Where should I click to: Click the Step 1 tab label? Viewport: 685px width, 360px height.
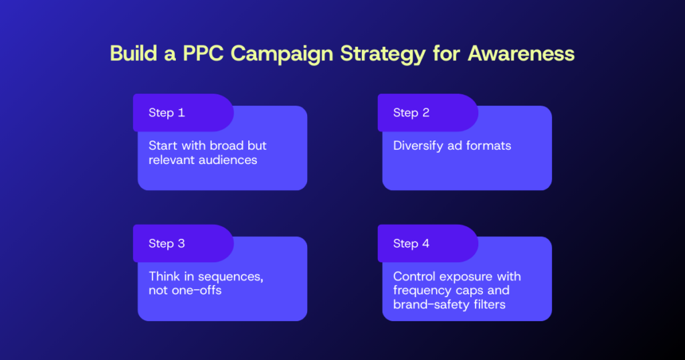[x=167, y=112]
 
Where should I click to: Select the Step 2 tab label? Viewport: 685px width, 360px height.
[x=411, y=112]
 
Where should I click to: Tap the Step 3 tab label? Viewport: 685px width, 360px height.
[x=167, y=244]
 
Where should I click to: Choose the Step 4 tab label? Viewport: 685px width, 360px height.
[x=411, y=244]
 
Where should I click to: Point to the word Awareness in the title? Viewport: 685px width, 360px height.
[x=521, y=54]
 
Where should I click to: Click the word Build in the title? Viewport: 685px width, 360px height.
[x=134, y=54]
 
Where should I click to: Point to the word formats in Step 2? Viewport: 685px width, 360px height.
[x=489, y=146]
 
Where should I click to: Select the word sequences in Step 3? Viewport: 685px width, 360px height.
[x=228, y=276]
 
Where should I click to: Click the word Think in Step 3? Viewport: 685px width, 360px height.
[x=165, y=276]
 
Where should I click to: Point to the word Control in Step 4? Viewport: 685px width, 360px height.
[x=415, y=276]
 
